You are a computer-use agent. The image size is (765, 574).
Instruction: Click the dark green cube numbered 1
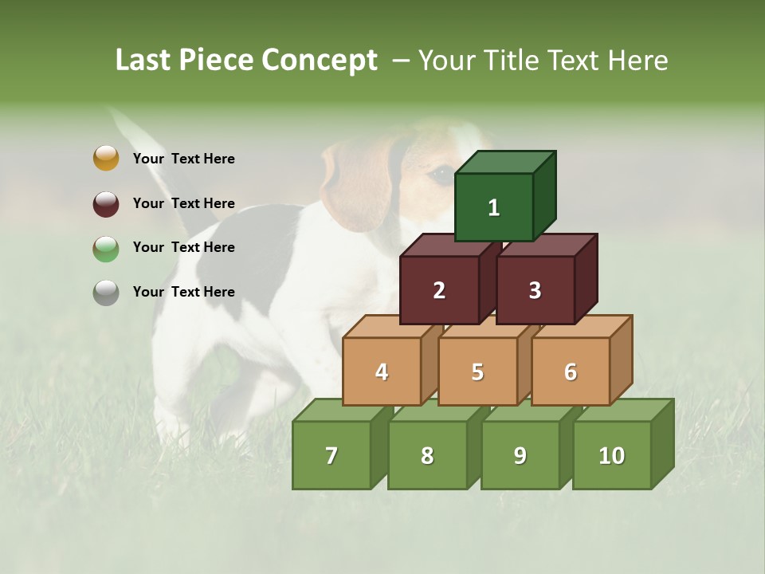(x=494, y=207)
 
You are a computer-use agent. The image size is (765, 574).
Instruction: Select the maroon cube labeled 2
(x=439, y=290)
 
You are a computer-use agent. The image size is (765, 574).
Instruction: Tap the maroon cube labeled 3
(x=535, y=290)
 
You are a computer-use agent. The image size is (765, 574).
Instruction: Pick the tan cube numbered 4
(x=382, y=372)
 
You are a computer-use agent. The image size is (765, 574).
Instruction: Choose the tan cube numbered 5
(x=477, y=372)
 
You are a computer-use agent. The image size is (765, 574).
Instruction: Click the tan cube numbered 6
(x=571, y=372)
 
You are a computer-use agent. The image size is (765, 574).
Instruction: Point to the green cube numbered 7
(x=331, y=455)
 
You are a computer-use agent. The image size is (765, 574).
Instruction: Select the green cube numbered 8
(x=427, y=455)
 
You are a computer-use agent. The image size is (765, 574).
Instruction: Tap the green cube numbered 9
(x=520, y=455)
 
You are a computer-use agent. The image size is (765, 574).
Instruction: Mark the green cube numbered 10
(x=612, y=455)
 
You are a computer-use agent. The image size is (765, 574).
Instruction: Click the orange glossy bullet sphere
(x=106, y=158)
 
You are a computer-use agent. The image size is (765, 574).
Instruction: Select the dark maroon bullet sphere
(x=106, y=203)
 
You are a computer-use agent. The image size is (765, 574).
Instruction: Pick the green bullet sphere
(x=106, y=248)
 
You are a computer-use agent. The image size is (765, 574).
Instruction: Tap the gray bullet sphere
(x=106, y=293)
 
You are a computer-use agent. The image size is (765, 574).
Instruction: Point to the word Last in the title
(x=145, y=61)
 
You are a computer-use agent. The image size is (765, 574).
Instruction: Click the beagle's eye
(x=440, y=173)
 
